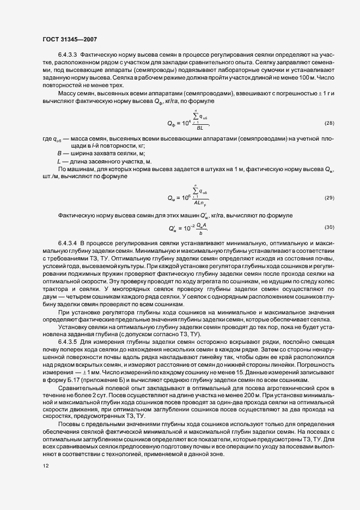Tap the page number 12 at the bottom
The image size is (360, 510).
[x=45, y=466]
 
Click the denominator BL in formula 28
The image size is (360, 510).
[x=200, y=127]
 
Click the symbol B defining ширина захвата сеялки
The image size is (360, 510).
[x=59, y=154]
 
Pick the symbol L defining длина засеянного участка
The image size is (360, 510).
[x=59, y=161]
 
